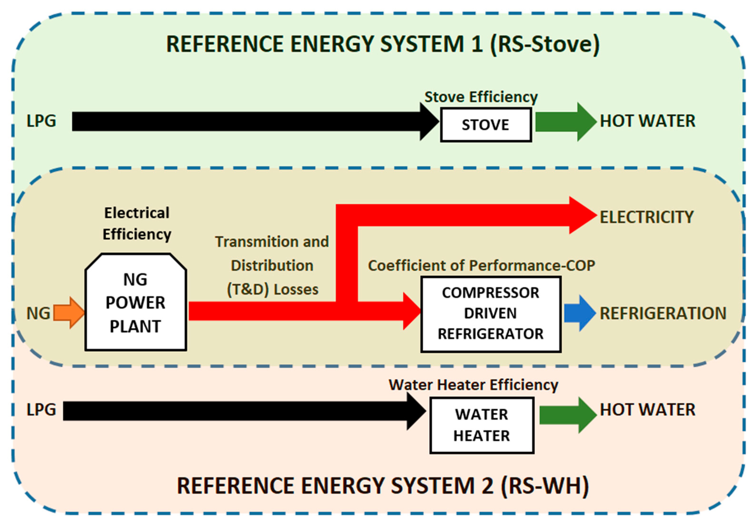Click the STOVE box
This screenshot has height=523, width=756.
tap(486, 125)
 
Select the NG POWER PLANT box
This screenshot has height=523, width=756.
tap(136, 303)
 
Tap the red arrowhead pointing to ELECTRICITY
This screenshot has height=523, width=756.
tap(581, 215)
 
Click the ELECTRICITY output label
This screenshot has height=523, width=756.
tap(647, 217)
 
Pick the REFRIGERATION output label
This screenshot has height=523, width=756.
tap(663, 313)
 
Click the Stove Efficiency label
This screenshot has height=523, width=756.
tap(481, 97)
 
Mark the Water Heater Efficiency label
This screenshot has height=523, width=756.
tap(473, 385)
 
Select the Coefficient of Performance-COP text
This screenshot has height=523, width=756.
tap(481, 265)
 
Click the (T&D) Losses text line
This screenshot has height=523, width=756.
tap(272, 289)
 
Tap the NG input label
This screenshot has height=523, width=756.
tap(38, 313)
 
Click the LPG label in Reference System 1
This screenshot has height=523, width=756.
tap(41, 121)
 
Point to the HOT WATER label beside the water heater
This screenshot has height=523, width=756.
tap(647, 410)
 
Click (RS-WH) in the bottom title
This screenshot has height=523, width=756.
tap(545, 485)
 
